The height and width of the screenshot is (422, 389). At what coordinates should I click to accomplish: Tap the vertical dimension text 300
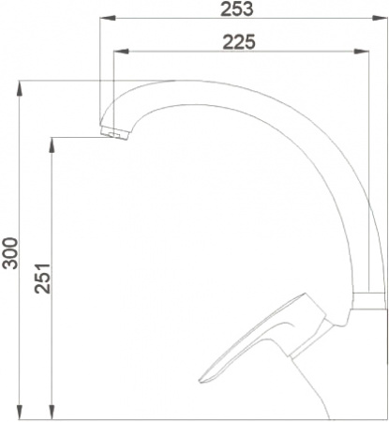coord(11,250)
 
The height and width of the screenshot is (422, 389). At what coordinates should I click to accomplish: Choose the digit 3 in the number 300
coord(11,264)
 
